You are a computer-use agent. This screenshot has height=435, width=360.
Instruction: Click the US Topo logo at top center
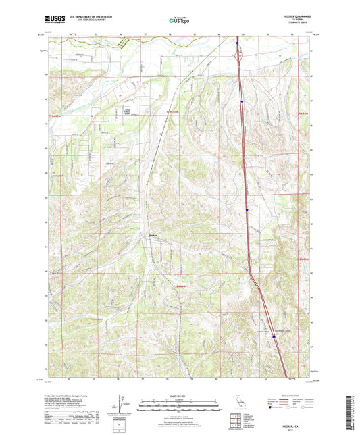tap(179, 20)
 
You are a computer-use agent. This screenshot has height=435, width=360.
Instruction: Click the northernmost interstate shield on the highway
tap(238, 46)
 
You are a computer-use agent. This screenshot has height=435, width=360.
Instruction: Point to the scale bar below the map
tap(180, 407)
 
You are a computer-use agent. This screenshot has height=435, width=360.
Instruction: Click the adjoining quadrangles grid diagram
tap(234, 418)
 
